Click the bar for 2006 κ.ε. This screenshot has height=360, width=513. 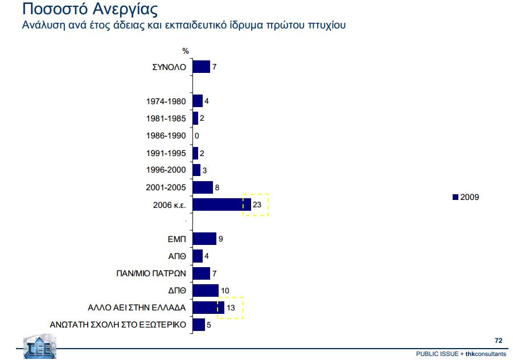coord(221,204)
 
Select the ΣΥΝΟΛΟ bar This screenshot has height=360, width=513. coord(202,67)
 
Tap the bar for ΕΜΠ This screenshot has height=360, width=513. coord(204,239)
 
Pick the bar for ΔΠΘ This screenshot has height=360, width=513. coord(206,291)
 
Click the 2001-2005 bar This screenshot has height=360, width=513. coord(203,187)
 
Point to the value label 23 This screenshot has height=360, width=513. coord(256,204)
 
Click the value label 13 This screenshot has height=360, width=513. coord(231,308)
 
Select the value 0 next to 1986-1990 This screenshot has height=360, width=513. coord(196,136)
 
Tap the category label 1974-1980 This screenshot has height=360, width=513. coord(166,102)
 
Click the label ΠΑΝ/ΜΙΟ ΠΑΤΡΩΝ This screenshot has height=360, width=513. coord(151,273)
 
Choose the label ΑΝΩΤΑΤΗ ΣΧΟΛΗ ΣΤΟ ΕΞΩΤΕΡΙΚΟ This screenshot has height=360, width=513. coord(119,325)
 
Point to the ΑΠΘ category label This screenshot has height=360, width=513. coord(177,256)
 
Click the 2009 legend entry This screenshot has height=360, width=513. coord(466,197)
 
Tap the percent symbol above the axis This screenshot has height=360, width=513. coord(186,51)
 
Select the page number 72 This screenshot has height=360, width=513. coord(498,341)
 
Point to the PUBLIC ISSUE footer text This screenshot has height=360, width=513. coord(438,354)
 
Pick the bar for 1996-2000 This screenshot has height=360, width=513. coord(196,170)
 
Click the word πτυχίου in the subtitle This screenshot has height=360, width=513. coord(324,26)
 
